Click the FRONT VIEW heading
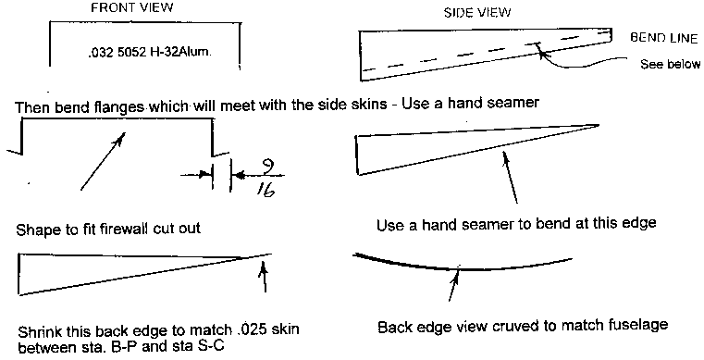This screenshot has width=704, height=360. (x=132, y=8)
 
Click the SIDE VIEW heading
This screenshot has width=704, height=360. (x=477, y=13)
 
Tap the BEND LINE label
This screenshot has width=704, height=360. (x=664, y=38)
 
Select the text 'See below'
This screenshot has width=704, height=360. (x=670, y=64)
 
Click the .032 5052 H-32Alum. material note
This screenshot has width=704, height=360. (x=150, y=52)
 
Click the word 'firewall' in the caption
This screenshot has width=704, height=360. (x=130, y=229)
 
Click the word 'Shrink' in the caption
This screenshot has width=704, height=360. (x=40, y=332)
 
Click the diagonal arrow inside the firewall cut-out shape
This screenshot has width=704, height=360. (x=103, y=161)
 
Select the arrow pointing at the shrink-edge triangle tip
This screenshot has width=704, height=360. (x=265, y=278)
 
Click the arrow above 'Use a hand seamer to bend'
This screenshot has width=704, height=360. (x=511, y=178)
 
